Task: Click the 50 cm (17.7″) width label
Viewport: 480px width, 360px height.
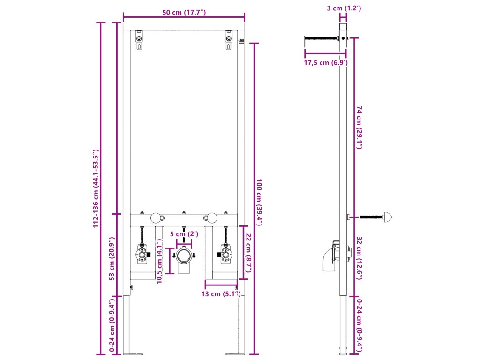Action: click(x=184, y=13)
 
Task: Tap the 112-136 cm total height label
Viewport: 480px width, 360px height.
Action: click(x=96, y=189)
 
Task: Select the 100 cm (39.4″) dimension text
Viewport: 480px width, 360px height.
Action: click(x=259, y=202)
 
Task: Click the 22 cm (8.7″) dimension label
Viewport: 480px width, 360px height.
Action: click(x=248, y=253)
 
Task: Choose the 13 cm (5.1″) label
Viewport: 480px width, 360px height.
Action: click(x=221, y=294)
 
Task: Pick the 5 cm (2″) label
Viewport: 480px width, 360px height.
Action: click(x=184, y=234)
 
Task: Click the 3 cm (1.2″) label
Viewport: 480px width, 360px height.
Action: click(x=344, y=8)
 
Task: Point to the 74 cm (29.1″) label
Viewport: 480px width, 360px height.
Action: click(x=360, y=127)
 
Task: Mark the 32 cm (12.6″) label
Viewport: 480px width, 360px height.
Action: click(x=360, y=258)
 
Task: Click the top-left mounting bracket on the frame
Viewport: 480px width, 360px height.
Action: click(x=139, y=40)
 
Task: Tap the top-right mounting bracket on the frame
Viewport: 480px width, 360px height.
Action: click(x=228, y=40)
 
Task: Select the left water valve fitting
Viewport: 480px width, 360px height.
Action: click(x=141, y=254)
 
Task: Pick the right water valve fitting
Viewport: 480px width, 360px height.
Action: click(x=225, y=254)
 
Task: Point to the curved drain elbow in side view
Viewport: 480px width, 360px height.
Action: click(x=329, y=259)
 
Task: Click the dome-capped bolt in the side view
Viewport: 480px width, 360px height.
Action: click(x=387, y=217)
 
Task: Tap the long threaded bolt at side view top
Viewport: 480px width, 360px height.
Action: click(x=322, y=38)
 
